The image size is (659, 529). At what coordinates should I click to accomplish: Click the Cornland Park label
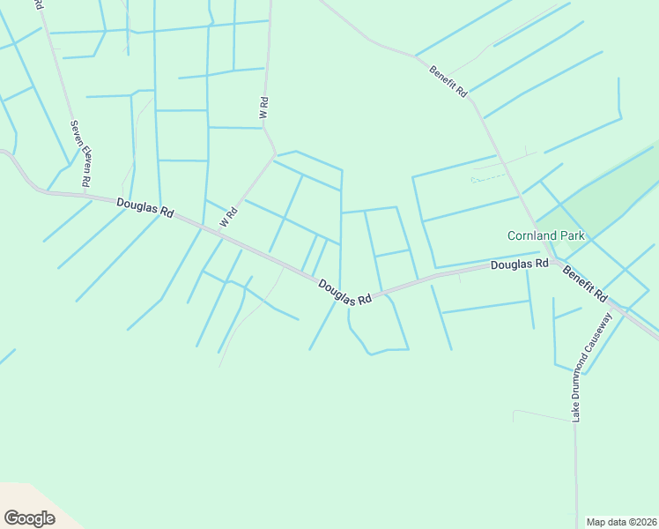coord(544,235)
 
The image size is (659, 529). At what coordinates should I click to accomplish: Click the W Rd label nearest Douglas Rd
coord(230,215)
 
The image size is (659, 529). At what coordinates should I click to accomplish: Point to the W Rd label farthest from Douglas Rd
coord(263,108)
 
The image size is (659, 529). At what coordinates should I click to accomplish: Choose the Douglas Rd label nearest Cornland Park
coord(519,264)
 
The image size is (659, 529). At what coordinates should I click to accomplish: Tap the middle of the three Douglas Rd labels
coord(344,293)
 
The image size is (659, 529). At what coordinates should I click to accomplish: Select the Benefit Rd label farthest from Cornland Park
coord(448,81)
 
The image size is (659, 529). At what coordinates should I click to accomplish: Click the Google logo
coord(29,518)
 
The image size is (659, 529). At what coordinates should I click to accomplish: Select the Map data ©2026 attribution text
coord(621,522)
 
